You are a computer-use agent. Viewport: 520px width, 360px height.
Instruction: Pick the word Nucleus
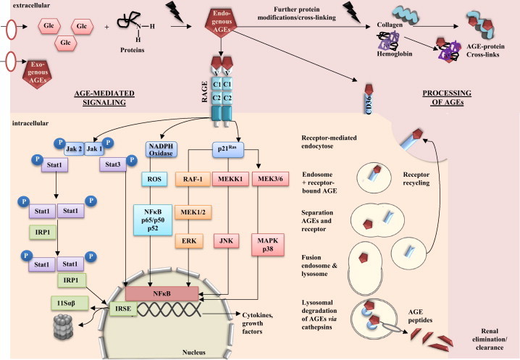[211, 347]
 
